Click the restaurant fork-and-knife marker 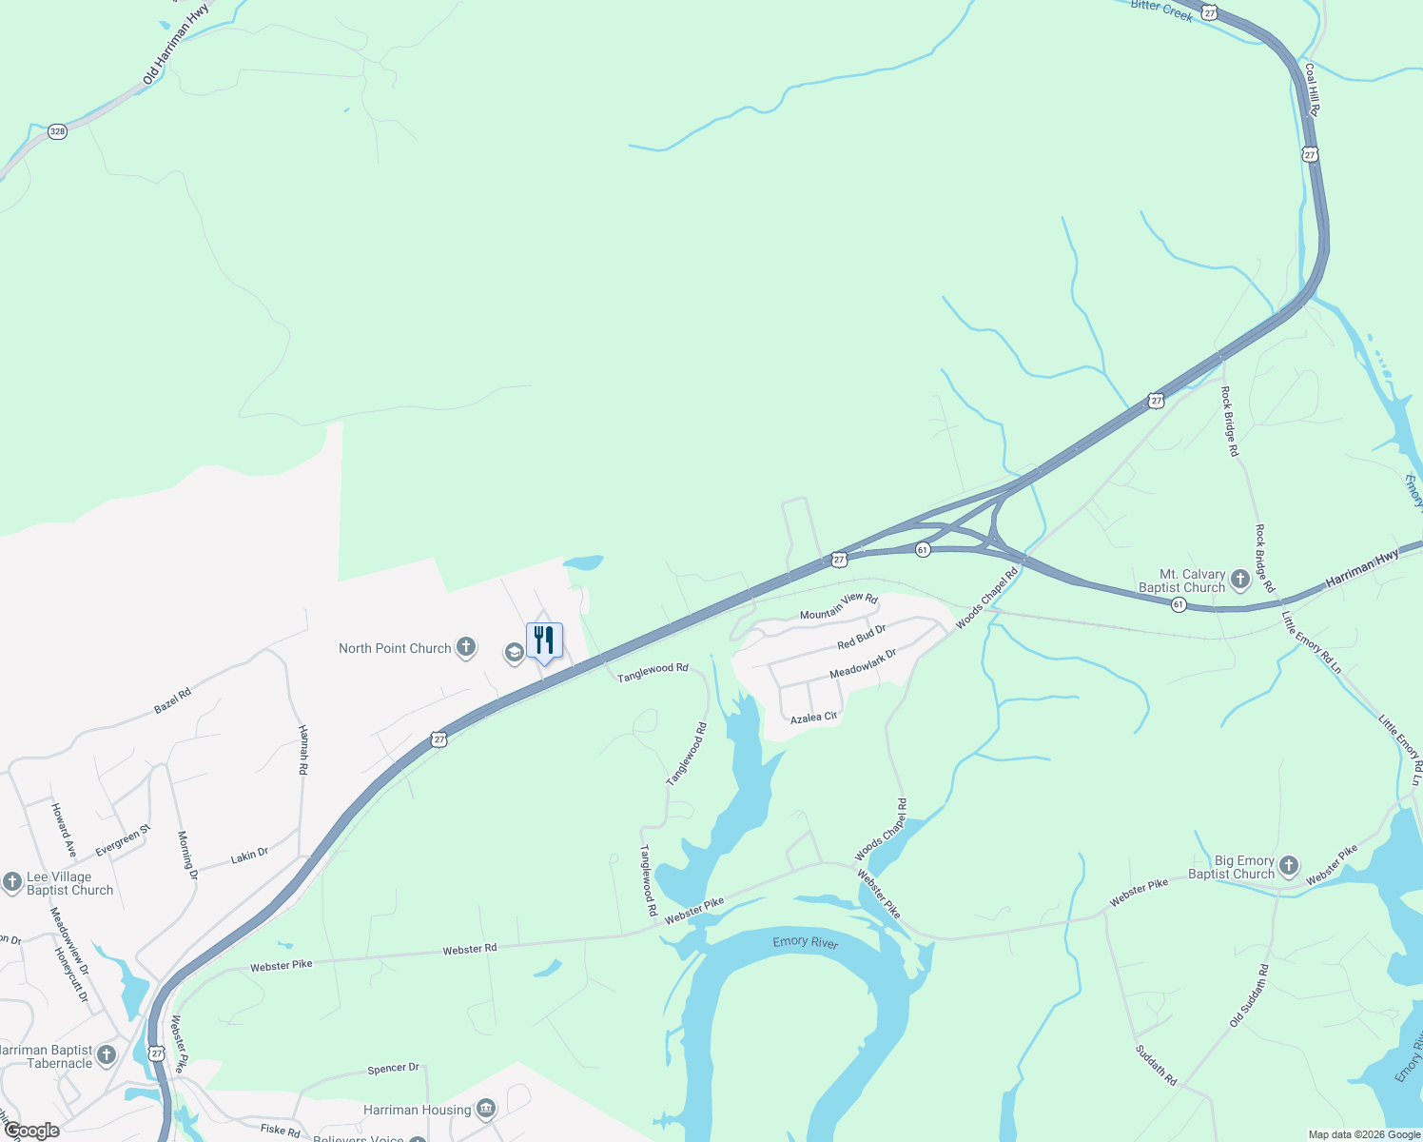pyautogui.click(x=544, y=640)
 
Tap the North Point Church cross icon pyautogui.click(x=465, y=648)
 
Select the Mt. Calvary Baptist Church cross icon pyautogui.click(x=1239, y=579)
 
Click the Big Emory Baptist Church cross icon pyautogui.click(x=1288, y=865)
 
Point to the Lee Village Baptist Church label pyautogui.click(x=69, y=883)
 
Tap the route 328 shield pyautogui.click(x=57, y=131)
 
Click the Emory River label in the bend pyautogui.click(x=805, y=942)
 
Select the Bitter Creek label pyautogui.click(x=1161, y=10)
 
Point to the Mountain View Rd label pyautogui.click(x=838, y=606)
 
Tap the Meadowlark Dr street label pyautogui.click(x=863, y=664)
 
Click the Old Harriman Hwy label pyautogui.click(x=176, y=45)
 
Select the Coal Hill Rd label pyautogui.click(x=1312, y=89)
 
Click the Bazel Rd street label pyautogui.click(x=172, y=701)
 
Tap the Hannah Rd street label pyautogui.click(x=303, y=749)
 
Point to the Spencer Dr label pyautogui.click(x=393, y=1069)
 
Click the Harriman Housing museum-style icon pyautogui.click(x=486, y=1109)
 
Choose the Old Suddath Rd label pyautogui.click(x=1249, y=995)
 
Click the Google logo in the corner pyautogui.click(x=31, y=1131)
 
